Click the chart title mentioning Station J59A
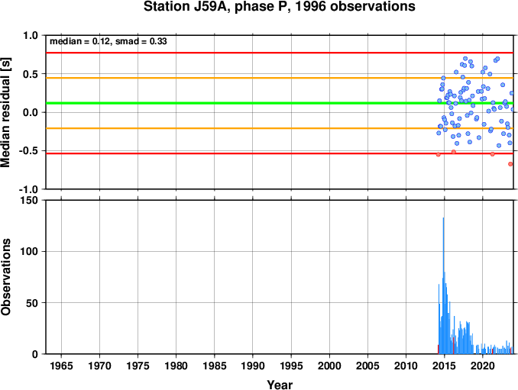click(x=279, y=7)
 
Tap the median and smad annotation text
click(x=108, y=41)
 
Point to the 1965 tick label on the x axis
click(x=61, y=366)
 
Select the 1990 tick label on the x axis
click(x=253, y=366)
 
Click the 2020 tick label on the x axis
click(x=483, y=366)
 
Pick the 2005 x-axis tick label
click(x=367, y=366)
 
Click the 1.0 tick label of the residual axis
click(x=31, y=35)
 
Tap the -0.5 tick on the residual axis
click(x=29, y=151)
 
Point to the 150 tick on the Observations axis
click(x=30, y=200)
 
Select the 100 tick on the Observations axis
click(x=30, y=251)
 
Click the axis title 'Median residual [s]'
click(x=5, y=112)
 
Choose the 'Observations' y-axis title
click(x=5, y=277)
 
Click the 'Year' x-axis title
click(x=280, y=385)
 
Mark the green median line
click(x=280, y=103)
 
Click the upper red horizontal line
click(x=280, y=53)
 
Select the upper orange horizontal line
click(x=280, y=78)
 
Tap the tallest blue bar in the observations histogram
click(x=443, y=285)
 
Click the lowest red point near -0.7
click(x=510, y=164)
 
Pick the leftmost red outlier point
click(x=439, y=154)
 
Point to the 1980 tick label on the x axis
click(x=176, y=366)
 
